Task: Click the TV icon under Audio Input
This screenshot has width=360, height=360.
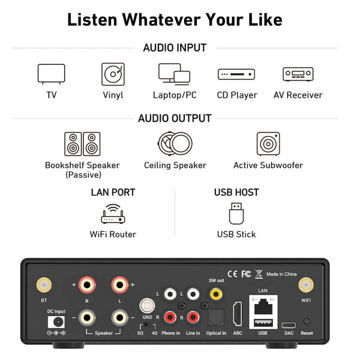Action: (52, 74)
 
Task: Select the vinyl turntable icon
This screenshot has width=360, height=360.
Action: (113, 74)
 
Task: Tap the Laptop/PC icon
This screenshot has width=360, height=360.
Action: (174, 74)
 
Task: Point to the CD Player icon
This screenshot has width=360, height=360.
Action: (236, 74)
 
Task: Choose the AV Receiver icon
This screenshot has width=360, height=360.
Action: (298, 74)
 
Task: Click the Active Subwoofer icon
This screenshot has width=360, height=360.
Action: (268, 144)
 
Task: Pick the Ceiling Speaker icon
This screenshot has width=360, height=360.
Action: (175, 143)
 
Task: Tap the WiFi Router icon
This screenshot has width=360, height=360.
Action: (113, 214)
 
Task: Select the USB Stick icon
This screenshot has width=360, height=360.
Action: (236, 214)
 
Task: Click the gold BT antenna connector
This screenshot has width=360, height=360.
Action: (44, 285)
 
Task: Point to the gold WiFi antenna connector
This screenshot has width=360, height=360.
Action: (306, 285)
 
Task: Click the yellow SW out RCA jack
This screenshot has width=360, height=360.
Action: (216, 293)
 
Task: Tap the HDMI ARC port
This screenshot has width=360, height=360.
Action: (238, 314)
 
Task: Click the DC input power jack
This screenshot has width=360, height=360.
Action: (56, 322)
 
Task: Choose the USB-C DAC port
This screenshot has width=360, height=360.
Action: (289, 325)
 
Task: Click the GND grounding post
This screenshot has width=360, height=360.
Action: (147, 306)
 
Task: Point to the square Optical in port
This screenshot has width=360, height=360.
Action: (216, 317)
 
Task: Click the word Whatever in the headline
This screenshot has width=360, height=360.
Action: (161, 20)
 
